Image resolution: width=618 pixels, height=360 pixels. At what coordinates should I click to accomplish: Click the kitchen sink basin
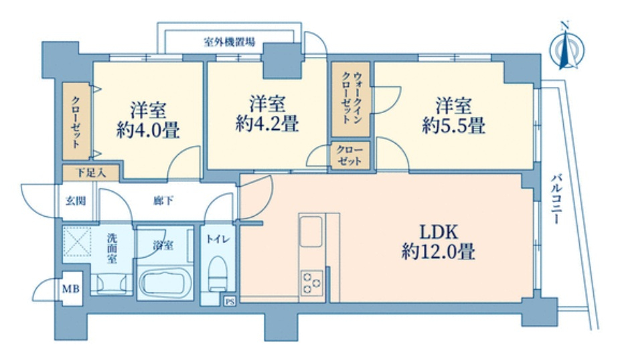coord(311,232)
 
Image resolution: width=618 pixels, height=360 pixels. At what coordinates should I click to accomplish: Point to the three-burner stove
coord(312,283)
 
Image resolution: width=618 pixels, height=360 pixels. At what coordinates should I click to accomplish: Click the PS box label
coord(230,302)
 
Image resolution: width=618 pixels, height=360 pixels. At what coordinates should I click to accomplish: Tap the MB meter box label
coord(72,289)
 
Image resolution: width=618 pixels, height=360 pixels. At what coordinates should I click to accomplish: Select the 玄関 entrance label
coord(75,201)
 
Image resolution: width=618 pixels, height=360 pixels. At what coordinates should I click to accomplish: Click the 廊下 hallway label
coord(163,201)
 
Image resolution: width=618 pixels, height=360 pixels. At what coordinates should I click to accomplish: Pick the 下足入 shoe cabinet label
coord(91,173)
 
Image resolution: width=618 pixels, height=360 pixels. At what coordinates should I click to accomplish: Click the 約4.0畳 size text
coord(148,130)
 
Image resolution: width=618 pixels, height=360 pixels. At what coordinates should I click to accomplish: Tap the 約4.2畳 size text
coord(267,124)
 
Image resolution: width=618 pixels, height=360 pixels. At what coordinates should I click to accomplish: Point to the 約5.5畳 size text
coord(454,126)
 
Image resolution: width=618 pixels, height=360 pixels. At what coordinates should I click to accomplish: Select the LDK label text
coord(439,232)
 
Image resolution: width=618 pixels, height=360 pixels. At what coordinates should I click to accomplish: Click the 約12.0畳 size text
coord(439,252)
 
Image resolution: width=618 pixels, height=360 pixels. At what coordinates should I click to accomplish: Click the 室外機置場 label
coord(229,41)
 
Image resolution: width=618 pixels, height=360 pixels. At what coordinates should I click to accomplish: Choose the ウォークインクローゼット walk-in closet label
coord(351,98)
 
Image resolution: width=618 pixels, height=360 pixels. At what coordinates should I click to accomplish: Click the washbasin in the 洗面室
coord(111,283)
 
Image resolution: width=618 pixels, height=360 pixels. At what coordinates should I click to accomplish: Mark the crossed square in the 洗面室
coord(77,241)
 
